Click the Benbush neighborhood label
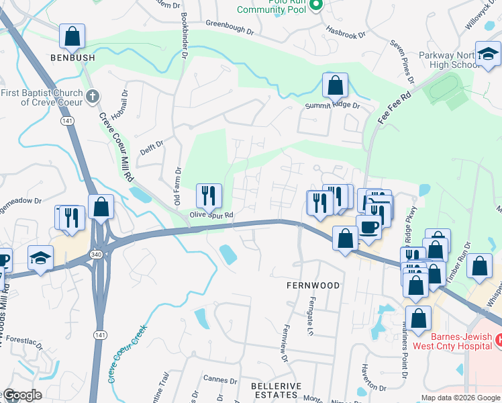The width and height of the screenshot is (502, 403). point(72,58)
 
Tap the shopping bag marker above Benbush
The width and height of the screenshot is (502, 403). point(72,38)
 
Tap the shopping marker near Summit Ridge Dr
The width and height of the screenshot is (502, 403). point(335,86)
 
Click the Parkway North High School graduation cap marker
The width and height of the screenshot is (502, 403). point(488,55)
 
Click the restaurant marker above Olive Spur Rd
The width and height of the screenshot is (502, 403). point(209,196)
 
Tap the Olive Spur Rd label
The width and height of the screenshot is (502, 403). point(211,216)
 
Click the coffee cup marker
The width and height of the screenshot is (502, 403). point(367,227)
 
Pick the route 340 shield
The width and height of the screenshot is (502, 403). point(97,255)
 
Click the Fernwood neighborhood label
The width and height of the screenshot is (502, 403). point(313,285)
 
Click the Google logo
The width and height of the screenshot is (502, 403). point(21,395)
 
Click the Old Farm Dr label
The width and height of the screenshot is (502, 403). point(178,187)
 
